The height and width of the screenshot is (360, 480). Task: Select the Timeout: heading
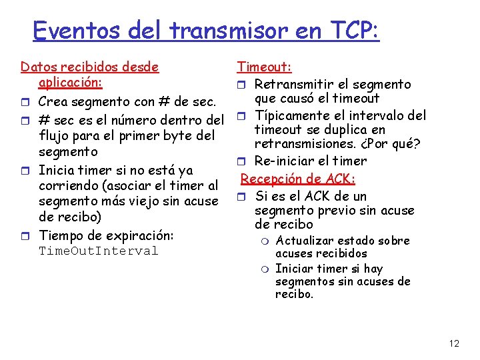tap(264, 66)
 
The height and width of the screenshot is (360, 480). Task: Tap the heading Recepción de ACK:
tap(298, 179)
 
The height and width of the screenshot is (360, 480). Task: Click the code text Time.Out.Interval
tap(98, 251)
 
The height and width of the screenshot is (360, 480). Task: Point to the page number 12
tap(454, 343)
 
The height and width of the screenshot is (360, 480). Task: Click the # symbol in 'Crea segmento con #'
tap(164, 102)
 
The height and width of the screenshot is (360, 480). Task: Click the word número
tap(141, 121)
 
